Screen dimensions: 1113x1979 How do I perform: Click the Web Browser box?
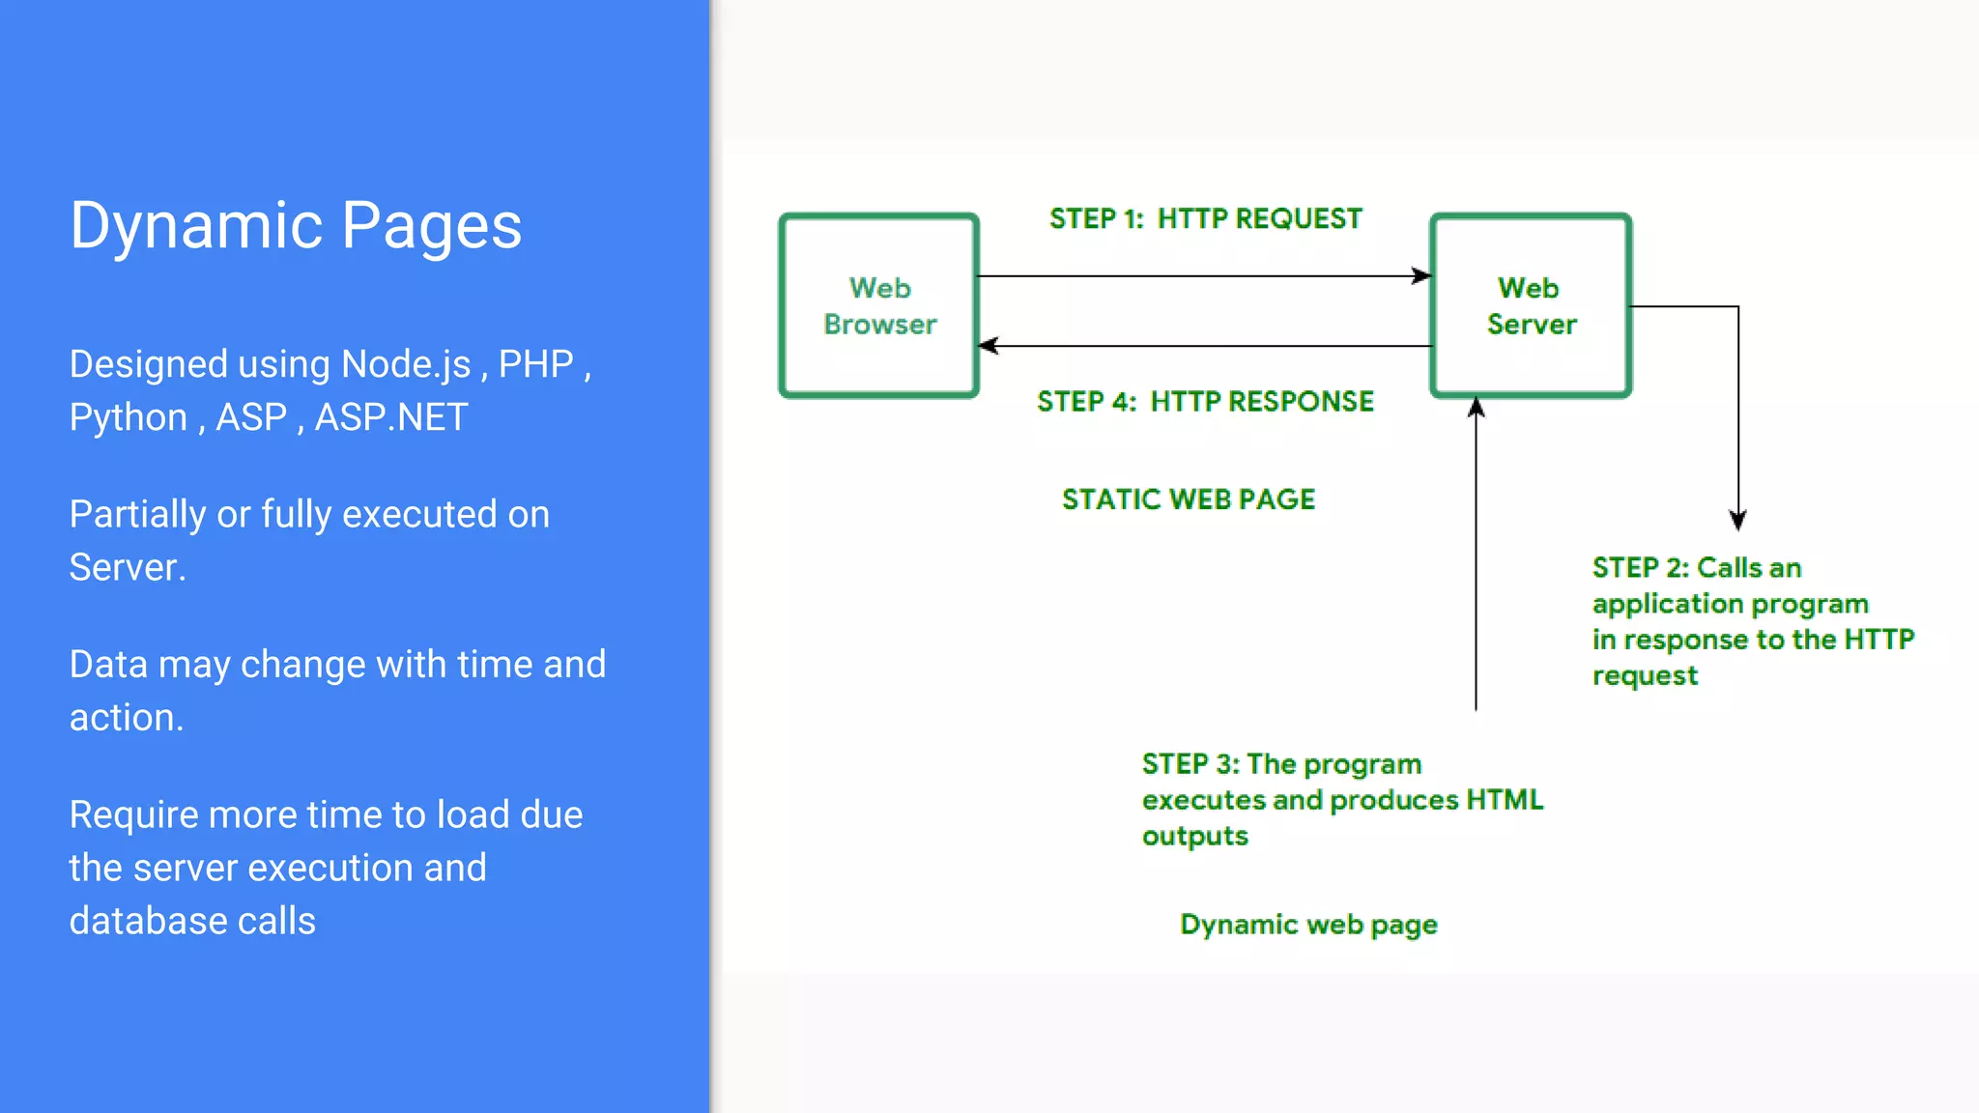click(x=879, y=305)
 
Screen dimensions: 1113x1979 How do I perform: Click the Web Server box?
click(x=1531, y=305)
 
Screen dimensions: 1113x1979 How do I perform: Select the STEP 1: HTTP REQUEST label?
click(x=1205, y=219)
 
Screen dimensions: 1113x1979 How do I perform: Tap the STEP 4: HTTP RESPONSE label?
click(x=1205, y=402)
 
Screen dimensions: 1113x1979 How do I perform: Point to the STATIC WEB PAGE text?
click(x=1189, y=499)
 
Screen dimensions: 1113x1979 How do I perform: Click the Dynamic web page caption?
click(x=1308, y=925)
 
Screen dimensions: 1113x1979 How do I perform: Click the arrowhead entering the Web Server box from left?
click(x=1422, y=276)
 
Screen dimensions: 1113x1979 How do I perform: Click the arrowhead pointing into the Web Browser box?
click(x=988, y=345)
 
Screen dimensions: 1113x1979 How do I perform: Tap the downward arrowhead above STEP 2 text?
click(x=1737, y=522)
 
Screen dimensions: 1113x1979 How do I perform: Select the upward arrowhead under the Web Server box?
click(x=1476, y=408)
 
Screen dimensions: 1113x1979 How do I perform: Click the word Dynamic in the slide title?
click(x=196, y=226)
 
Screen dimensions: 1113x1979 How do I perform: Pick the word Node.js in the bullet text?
click(x=406, y=364)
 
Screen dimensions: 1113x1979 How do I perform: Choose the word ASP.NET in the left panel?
click(x=390, y=417)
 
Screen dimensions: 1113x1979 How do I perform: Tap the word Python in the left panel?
click(x=129, y=418)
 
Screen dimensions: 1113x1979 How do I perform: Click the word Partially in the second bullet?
click(x=137, y=515)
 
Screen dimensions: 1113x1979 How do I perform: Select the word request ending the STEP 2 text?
click(x=1645, y=675)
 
